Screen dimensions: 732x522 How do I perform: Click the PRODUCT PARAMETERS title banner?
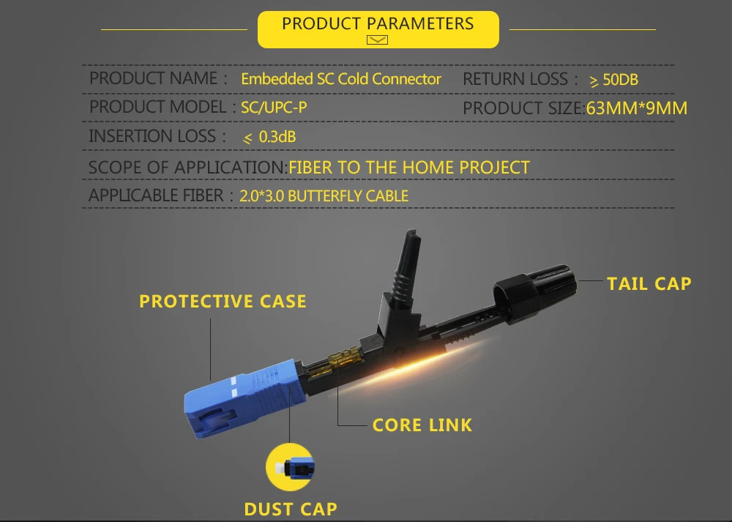[x=378, y=29]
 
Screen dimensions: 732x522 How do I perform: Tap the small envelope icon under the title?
[x=377, y=40]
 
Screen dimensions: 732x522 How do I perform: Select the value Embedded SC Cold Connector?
[x=341, y=79]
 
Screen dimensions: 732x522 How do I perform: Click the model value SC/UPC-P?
[x=274, y=108]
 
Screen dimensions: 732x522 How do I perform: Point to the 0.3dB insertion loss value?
[x=277, y=137]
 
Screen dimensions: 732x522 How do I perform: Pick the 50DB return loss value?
[x=621, y=80]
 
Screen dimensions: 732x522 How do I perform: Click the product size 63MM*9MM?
[x=636, y=108]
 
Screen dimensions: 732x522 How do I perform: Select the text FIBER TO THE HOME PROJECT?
[x=409, y=167]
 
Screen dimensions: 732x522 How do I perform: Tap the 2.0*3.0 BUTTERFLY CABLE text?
[x=324, y=195]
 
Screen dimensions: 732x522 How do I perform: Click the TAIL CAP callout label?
[x=649, y=284]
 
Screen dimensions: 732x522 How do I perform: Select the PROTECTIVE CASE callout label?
[x=223, y=301]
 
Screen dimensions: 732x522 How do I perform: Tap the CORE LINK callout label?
[x=422, y=425]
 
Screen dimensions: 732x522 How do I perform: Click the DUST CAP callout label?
[x=291, y=509]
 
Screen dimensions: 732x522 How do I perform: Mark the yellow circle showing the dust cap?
[x=290, y=467]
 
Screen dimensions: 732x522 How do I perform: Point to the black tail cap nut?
[x=535, y=293]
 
